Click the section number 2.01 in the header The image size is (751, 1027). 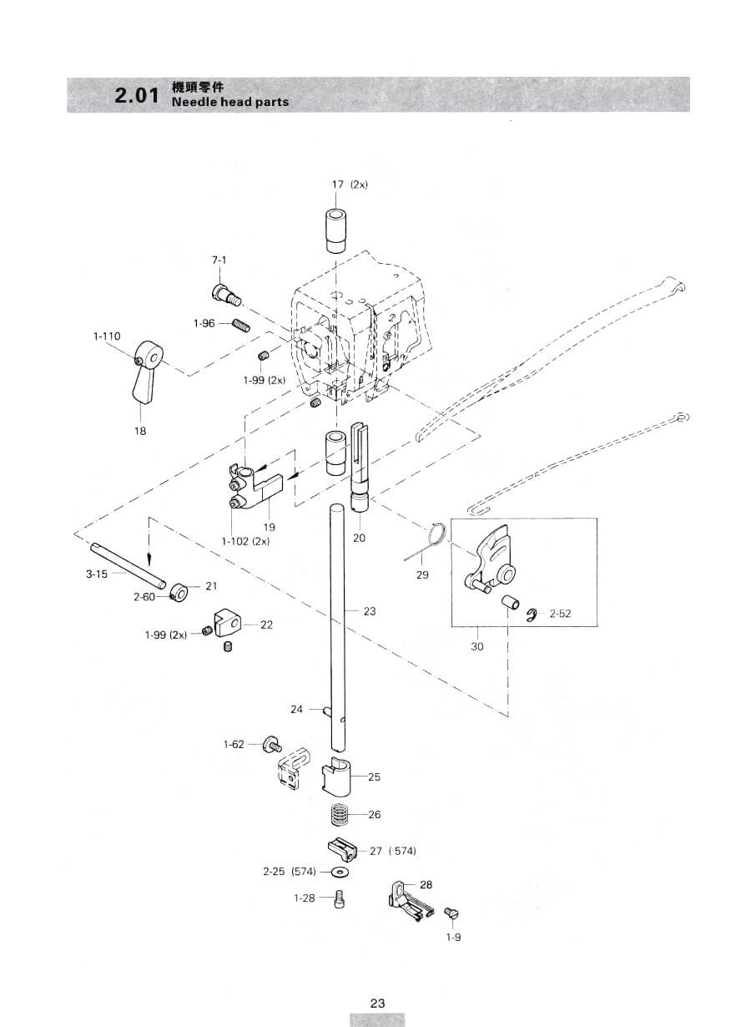point(137,95)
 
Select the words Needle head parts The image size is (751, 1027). point(230,102)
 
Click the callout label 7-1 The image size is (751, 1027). point(219,260)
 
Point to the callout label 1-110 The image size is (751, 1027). point(107,336)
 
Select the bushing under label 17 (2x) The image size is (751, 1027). point(336,230)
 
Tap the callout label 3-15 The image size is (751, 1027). point(97,574)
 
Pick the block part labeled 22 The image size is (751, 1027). point(226,622)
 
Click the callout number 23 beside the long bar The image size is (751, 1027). point(370,611)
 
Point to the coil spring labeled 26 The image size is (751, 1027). point(340,816)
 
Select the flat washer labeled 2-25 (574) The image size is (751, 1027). point(340,871)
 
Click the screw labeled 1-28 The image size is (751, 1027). point(339,898)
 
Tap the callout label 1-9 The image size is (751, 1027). point(453,937)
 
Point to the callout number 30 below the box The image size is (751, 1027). point(477,647)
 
